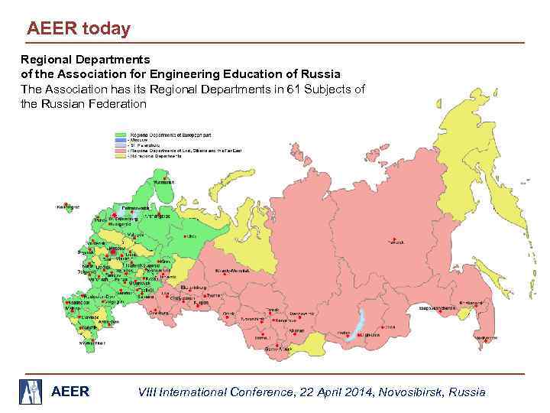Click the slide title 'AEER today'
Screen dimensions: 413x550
tap(79, 29)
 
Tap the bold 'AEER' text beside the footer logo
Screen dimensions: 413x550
tap(70, 392)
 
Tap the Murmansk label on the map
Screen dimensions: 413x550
tap(163, 182)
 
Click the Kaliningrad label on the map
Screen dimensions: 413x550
tap(70, 206)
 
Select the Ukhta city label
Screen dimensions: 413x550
tap(192, 236)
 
